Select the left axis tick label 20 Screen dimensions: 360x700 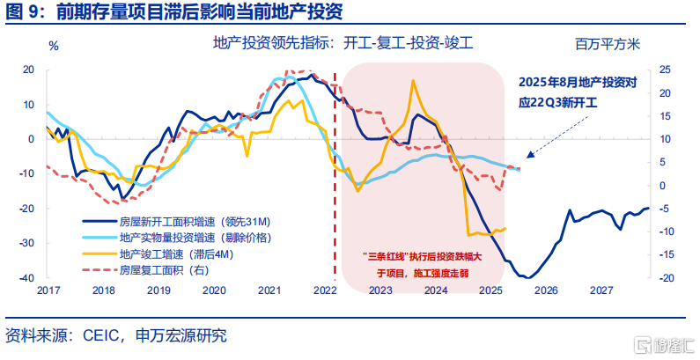(x=28, y=70)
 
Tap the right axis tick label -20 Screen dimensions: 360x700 (x=666, y=277)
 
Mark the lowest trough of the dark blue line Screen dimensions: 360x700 (x=524, y=277)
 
